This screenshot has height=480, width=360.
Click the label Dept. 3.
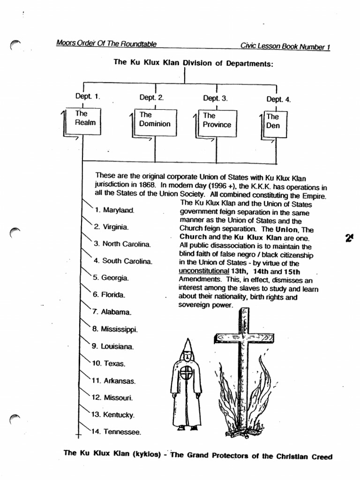(215, 98)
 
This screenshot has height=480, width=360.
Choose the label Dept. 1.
(88, 97)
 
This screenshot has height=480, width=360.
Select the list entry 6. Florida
(109, 295)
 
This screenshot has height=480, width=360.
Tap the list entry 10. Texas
(109, 363)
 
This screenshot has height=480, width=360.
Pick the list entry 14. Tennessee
(116, 431)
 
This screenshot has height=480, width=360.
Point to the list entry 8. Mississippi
(114, 330)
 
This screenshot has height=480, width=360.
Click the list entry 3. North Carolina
(121, 244)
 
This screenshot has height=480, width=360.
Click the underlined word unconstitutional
(203, 271)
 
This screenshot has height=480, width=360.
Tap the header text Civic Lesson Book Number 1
(285, 46)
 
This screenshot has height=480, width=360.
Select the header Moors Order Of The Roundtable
(106, 44)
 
